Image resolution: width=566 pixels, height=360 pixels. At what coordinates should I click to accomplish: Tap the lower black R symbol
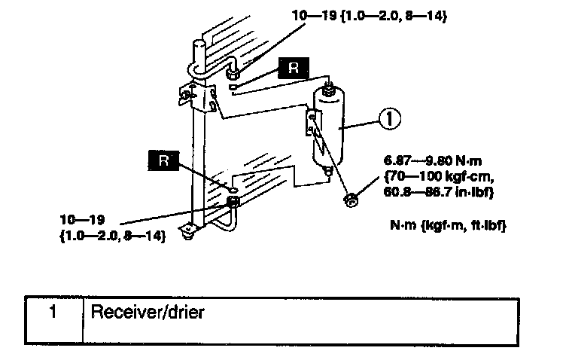tap(163, 160)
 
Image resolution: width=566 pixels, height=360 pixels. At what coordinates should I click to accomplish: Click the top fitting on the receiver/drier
tap(329, 88)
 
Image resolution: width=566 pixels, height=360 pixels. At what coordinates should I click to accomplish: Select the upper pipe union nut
tap(233, 74)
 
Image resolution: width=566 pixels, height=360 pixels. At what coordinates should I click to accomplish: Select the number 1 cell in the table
tap(53, 312)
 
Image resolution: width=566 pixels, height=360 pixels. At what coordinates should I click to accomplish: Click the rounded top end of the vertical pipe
tap(199, 47)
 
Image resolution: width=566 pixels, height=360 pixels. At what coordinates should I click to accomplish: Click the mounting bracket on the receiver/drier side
tap(312, 124)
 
